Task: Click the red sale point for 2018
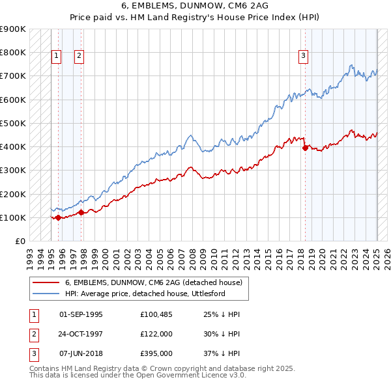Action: (305, 148)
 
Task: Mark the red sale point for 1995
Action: (58, 217)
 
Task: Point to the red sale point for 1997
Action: (81, 212)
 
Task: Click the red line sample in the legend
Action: (46, 282)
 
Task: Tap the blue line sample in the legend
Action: (46, 294)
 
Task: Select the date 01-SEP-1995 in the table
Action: (81, 315)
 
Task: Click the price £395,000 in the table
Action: (156, 354)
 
